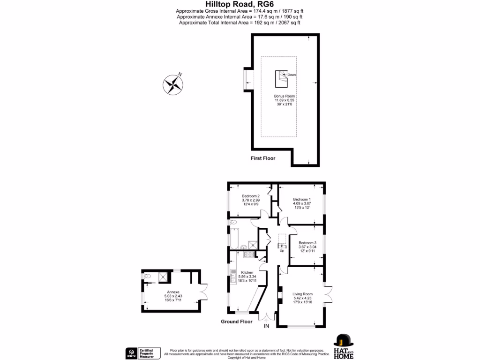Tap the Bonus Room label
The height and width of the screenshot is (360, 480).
point(285,96)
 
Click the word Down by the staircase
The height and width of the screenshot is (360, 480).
point(292,75)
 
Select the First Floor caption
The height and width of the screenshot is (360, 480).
point(262,158)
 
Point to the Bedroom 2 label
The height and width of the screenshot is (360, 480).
point(251,196)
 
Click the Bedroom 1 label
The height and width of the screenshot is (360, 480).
point(302,199)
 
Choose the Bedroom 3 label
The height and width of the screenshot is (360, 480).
point(307,243)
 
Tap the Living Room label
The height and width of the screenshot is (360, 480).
point(302,294)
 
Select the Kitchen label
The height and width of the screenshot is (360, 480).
point(247,272)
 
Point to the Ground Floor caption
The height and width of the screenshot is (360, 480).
point(237,322)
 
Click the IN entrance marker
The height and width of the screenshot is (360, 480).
point(267,326)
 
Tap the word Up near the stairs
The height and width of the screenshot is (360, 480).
point(282,251)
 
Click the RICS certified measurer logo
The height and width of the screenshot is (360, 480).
point(142,352)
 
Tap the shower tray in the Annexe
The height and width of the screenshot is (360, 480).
point(164,277)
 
